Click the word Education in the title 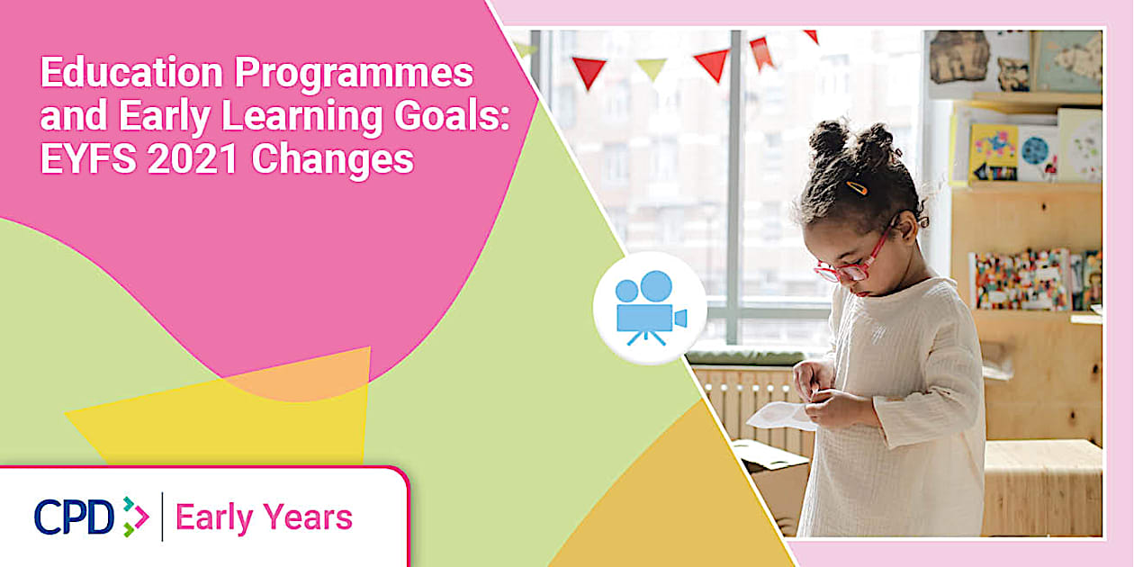(131, 73)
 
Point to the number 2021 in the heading (193, 159)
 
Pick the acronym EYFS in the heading (88, 159)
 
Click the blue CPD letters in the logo (74, 517)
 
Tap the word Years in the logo (308, 517)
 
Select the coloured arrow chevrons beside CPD (136, 517)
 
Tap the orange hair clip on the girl (857, 188)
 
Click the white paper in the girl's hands (779, 416)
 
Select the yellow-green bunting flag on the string (652, 67)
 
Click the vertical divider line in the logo (163, 517)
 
